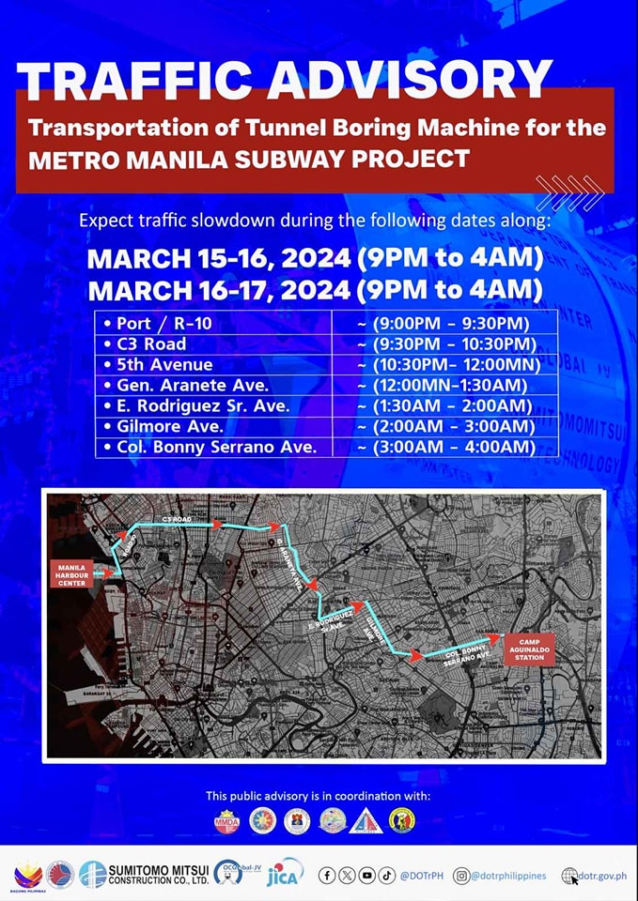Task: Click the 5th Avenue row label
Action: point(164,364)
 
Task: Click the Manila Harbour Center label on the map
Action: point(71,573)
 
